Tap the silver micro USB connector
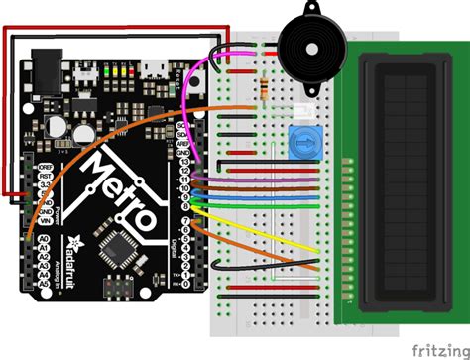coord(154,67)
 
